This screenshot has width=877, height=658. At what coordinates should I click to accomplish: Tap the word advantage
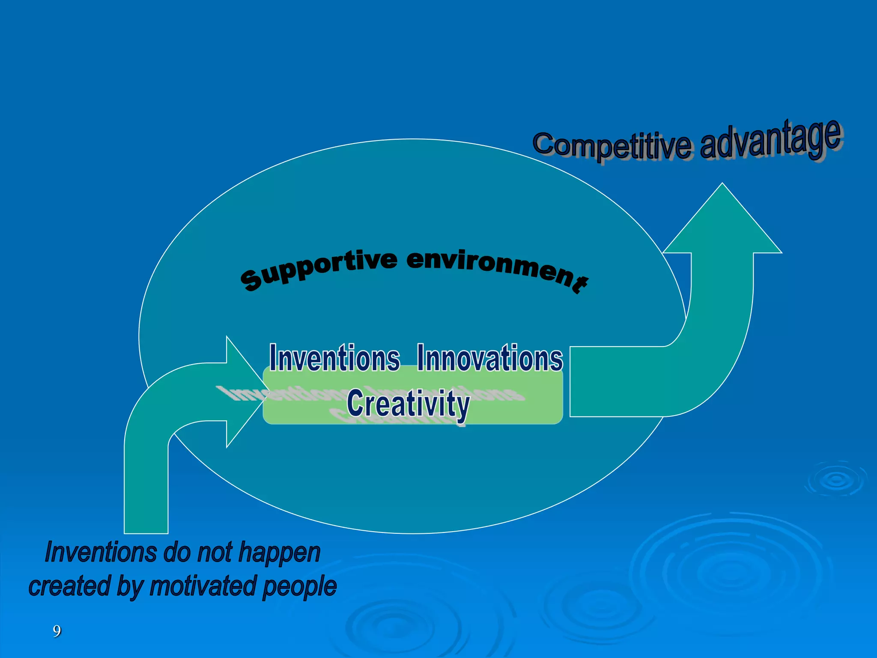point(771,140)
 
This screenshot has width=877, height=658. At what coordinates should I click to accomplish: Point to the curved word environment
point(497,267)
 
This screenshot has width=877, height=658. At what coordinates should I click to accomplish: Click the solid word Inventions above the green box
point(334,358)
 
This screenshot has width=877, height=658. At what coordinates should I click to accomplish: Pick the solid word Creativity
point(408,404)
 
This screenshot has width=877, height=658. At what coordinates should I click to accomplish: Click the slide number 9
point(57,631)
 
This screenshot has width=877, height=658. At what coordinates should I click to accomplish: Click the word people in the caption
point(299,587)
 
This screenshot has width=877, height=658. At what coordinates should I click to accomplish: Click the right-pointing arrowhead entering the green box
point(242,392)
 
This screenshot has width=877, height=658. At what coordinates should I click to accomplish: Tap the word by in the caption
point(130,587)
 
